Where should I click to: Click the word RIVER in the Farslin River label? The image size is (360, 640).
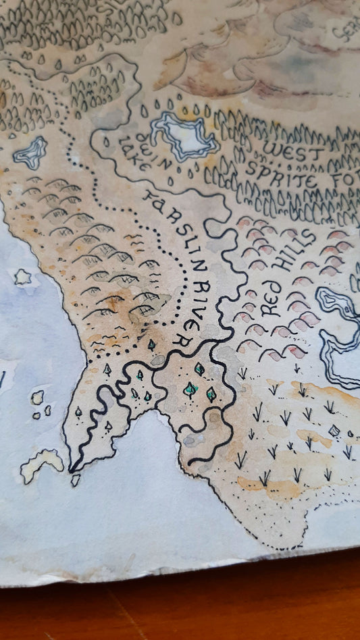pyautogui.click(x=203, y=307)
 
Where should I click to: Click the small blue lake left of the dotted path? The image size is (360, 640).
pyautogui.click(x=30, y=153)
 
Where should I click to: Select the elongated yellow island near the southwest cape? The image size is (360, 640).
pyautogui.click(x=41, y=464)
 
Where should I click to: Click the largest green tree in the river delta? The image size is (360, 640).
pyautogui.click(x=191, y=390)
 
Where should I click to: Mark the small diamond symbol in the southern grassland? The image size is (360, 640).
pyautogui.click(x=332, y=431)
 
